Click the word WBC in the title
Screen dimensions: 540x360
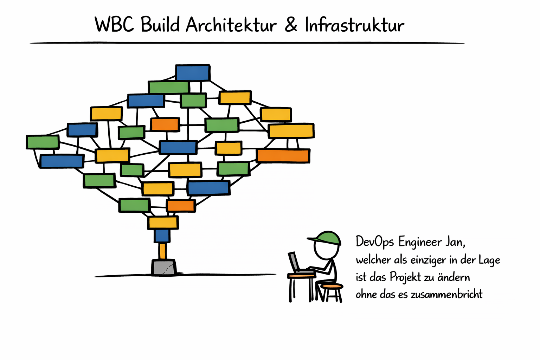click(114, 25)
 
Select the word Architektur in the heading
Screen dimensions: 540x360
click(231, 25)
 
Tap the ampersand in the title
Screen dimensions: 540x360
click(291, 25)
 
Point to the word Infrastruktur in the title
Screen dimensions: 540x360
click(354, 25)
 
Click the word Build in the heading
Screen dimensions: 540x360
click(160, 25)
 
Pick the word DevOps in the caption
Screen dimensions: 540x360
click(375, 242)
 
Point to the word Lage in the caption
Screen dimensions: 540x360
click(489, 260)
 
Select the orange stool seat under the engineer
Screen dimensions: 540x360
click(332, 287)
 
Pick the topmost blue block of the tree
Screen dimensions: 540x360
click(193, 73)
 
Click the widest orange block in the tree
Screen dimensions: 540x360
click(283, 156)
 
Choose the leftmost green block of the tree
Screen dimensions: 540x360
click(43, 142)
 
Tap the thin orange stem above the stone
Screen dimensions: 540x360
click(162, 251)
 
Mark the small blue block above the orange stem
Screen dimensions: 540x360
click(162, 236)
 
